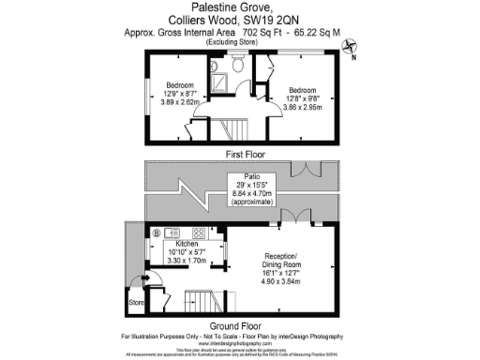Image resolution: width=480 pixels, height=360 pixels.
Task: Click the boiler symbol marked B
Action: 156,232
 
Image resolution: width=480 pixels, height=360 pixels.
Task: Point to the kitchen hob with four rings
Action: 199,232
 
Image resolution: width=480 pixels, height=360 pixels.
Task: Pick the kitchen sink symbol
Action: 174,232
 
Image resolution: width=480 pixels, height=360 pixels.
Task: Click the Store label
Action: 136,302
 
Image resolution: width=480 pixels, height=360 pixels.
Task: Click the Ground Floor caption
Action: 240,325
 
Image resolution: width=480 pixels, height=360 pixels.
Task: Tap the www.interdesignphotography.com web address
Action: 240,343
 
